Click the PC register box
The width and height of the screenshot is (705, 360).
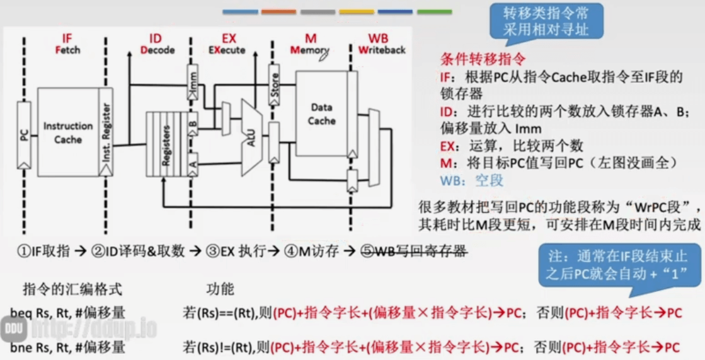click(24, 135)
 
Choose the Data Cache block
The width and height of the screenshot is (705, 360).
click(321, 113)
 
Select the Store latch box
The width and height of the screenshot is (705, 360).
click(274, 85)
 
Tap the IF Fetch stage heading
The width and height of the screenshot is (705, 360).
click(68, 44)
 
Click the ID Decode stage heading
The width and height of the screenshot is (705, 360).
click(157, 44)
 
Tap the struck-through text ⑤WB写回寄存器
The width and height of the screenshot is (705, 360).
click(413, 251)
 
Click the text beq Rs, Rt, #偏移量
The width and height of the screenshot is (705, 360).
click(67, 312)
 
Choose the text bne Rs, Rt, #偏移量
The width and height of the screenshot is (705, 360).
click(67, 347)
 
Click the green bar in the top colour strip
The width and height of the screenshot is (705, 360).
click(434, 11)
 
